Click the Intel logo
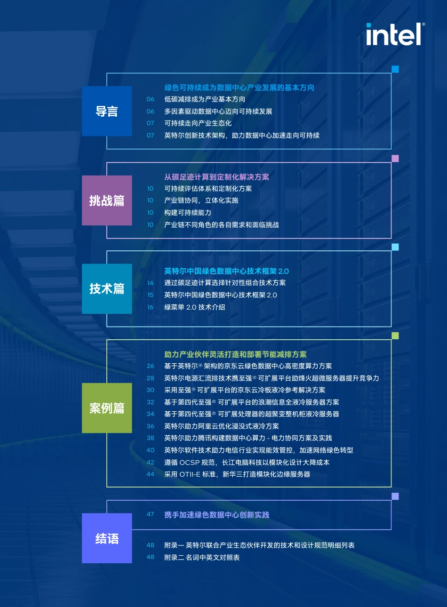(395, 34)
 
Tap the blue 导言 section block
(107, 111)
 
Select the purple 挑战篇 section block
(107, 200)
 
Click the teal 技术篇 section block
(107, 289)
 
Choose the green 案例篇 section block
(107, 408)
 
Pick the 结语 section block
(107, 538)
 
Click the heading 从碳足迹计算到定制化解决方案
(216, 177)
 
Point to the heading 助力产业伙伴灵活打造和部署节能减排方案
(235, 354)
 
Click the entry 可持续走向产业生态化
(198, 123)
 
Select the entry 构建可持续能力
(187, 213)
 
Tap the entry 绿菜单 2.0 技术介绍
(194, 307)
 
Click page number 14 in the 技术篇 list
(151, 283)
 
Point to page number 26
(151, 366)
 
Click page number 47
(151, 514)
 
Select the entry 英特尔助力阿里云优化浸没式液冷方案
(221, 426)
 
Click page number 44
(151, 474)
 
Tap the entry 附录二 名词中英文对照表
(202, 558)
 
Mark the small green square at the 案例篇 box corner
(395, 336)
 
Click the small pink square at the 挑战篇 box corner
(395, 159)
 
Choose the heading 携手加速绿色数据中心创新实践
(217, 515)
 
